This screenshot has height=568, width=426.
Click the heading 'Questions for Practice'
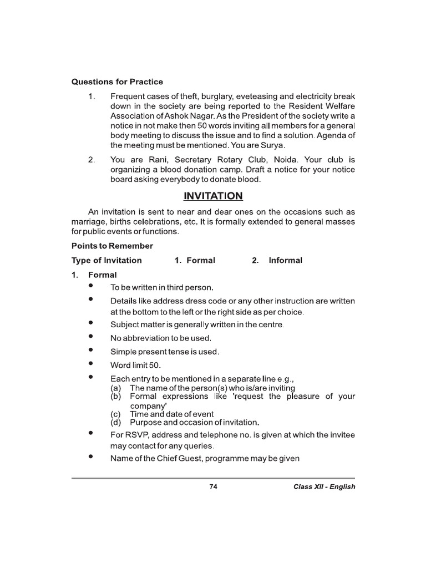pos(117,82)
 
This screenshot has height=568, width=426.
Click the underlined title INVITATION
pos(213,196)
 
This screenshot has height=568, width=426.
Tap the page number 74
pos(213,486)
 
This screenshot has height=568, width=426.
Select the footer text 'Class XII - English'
pos(324,486)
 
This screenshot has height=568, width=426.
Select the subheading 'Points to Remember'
pos(112,246)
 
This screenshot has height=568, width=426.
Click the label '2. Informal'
pos(277,260)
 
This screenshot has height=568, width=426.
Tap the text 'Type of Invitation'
pos(106,260)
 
